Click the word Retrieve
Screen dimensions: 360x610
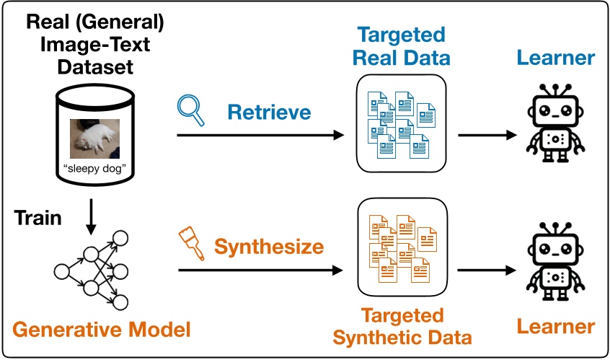pyautogui.click(x=269, y=112)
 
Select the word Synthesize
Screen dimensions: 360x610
pyautogui.click(x=269, y=247)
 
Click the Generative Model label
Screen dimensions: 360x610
pyautogui.click(x=101, y=330)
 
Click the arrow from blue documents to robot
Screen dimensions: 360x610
pyautogui.click(x=487, y=135)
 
